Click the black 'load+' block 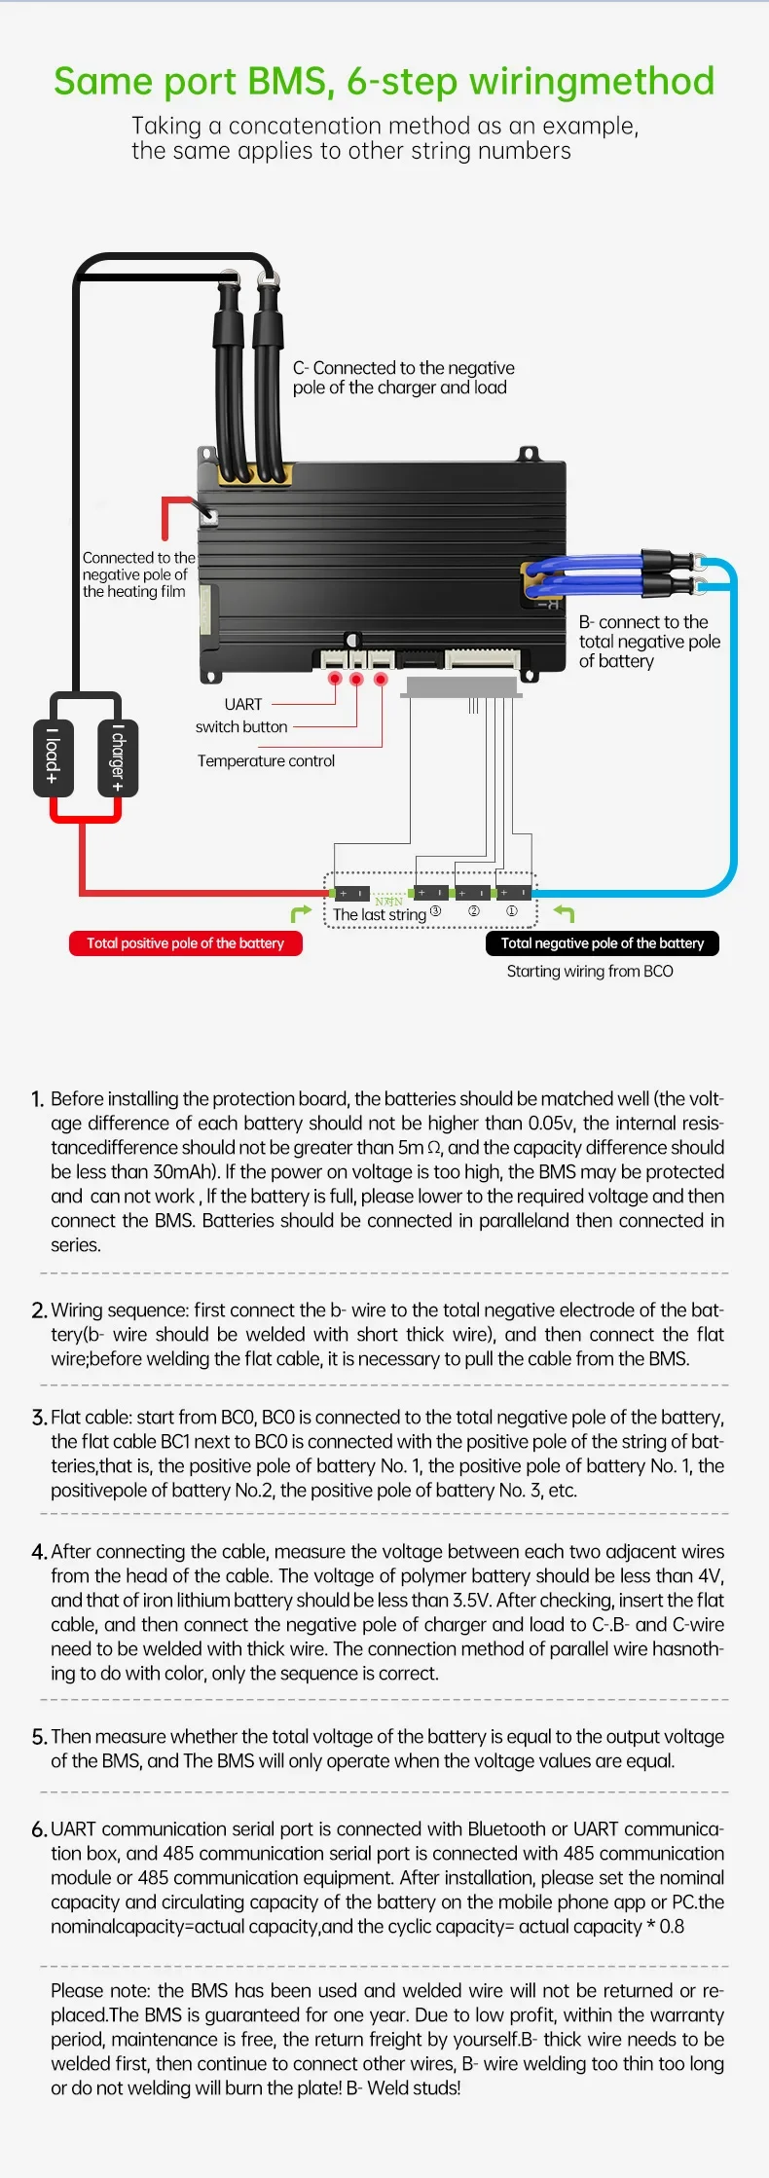pyautogui.click(x=54, y=758)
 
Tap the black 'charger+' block pyautogui.click(x=118, y=758)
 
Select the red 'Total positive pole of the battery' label pyautogui.click(x=185, y=943)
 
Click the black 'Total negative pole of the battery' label pyautogui.click(x=603, y=943)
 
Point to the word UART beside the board pyautogui.click(x=243, y=704)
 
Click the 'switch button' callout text pyautogui.click(x=241, y=726)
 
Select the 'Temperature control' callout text pyautogui.click(x=266, y=760)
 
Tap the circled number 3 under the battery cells pyautogui.click(x=435, y=911)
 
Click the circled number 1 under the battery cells pyautogui.click(x=511, y=911)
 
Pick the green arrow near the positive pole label pyautogui.click(x=301, y=913)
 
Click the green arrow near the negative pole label pyautogui.click(x=564, y=913)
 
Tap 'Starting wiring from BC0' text pyautogui.click(x=590, y=971)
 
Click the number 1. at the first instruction pyautogui.click(x=37, y=1099)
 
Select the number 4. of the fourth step pyautogui.click(x=39, y=1552)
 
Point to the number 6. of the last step pyautogui.click(x=39, y=1829)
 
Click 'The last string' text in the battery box pyautogui.click(x=380, y=914)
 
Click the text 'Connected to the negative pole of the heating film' pyautogui.click(x=138, y=574)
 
